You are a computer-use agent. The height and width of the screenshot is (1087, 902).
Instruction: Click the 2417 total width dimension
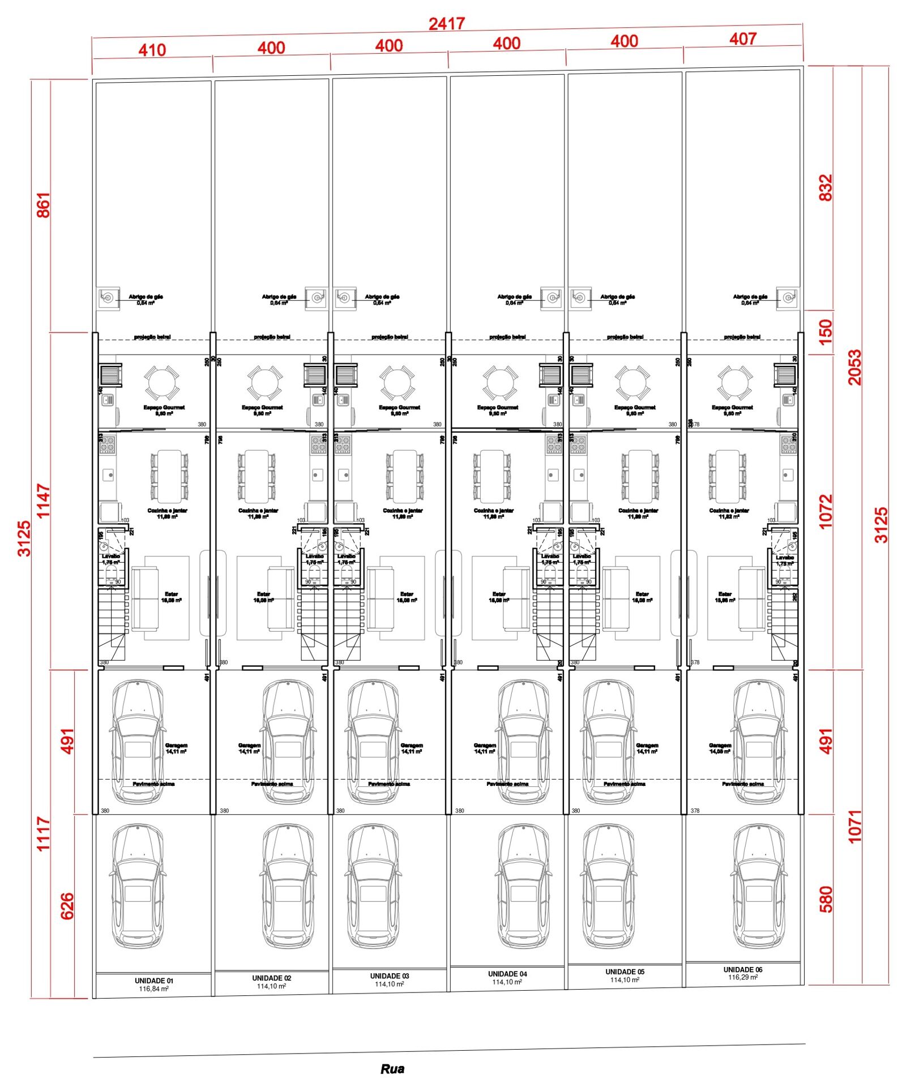pos(446,24)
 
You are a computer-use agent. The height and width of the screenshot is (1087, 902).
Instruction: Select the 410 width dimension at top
pos(152,50)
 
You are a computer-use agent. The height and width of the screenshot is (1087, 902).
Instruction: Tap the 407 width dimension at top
pos(742,38)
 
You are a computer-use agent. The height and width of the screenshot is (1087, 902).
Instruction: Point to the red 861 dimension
pos(43,205)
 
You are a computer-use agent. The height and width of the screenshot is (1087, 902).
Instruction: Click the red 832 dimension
pos(826,187)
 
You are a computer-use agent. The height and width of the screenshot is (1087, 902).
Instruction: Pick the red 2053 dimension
pos(854,367)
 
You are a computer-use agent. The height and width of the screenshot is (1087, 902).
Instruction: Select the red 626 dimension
pos(67,906)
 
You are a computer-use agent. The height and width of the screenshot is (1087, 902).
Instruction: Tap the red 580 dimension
pos(826,899)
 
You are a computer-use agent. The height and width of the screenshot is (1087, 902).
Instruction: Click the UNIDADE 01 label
pos(153,981)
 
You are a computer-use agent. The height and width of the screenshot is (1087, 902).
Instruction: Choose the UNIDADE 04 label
pos(507,974)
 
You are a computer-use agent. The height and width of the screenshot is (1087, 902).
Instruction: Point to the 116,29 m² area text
pos(742,977)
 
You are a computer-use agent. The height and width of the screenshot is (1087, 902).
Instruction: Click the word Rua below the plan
pos(392,1069)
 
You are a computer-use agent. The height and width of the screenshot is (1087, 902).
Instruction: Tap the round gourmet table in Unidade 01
pos(162,382)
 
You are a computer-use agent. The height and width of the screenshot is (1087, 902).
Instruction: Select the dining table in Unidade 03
pos(404,476)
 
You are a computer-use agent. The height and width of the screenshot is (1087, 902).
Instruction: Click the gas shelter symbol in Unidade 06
pos(787,297)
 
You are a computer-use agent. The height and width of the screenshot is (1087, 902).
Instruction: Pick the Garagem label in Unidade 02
pos(249,745)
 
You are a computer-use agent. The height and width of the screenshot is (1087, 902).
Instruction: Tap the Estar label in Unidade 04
pos(498,594)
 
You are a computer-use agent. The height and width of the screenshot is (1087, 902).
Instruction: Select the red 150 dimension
pos(826,332)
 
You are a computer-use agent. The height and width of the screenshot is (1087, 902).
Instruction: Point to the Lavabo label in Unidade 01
pos(110,556)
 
